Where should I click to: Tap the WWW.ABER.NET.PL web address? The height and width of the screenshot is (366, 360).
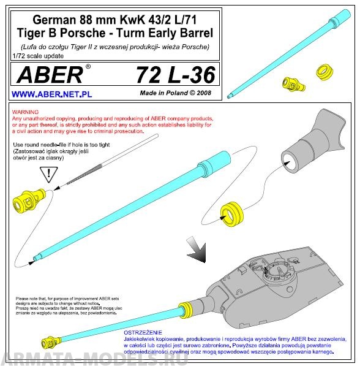[x=52, y=95]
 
